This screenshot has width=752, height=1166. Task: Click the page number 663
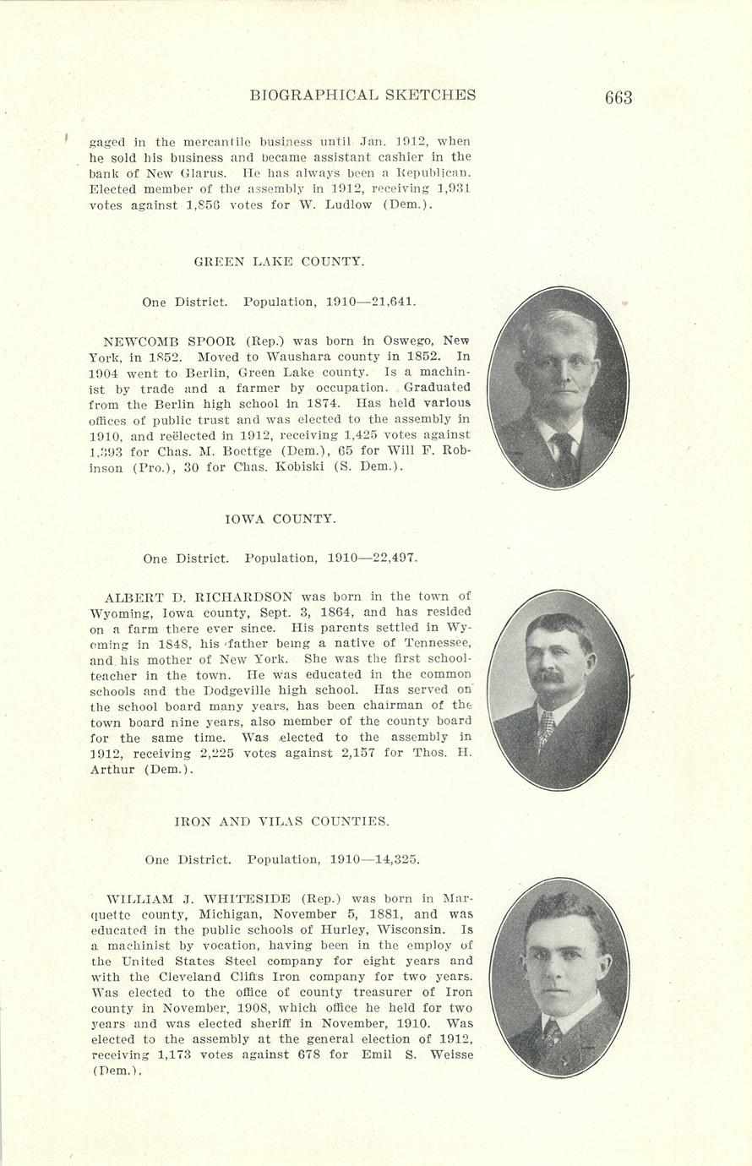pos(618,97)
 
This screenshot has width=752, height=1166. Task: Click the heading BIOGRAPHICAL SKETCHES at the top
pos(362,95)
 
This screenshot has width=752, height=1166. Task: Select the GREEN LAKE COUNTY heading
pos(280,262)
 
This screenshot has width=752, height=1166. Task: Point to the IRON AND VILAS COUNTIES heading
pos(281,820)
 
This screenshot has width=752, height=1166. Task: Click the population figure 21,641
pos(390,301)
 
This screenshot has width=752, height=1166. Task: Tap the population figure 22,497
pos(390,558)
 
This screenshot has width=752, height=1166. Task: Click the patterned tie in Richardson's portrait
pos(547,727)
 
